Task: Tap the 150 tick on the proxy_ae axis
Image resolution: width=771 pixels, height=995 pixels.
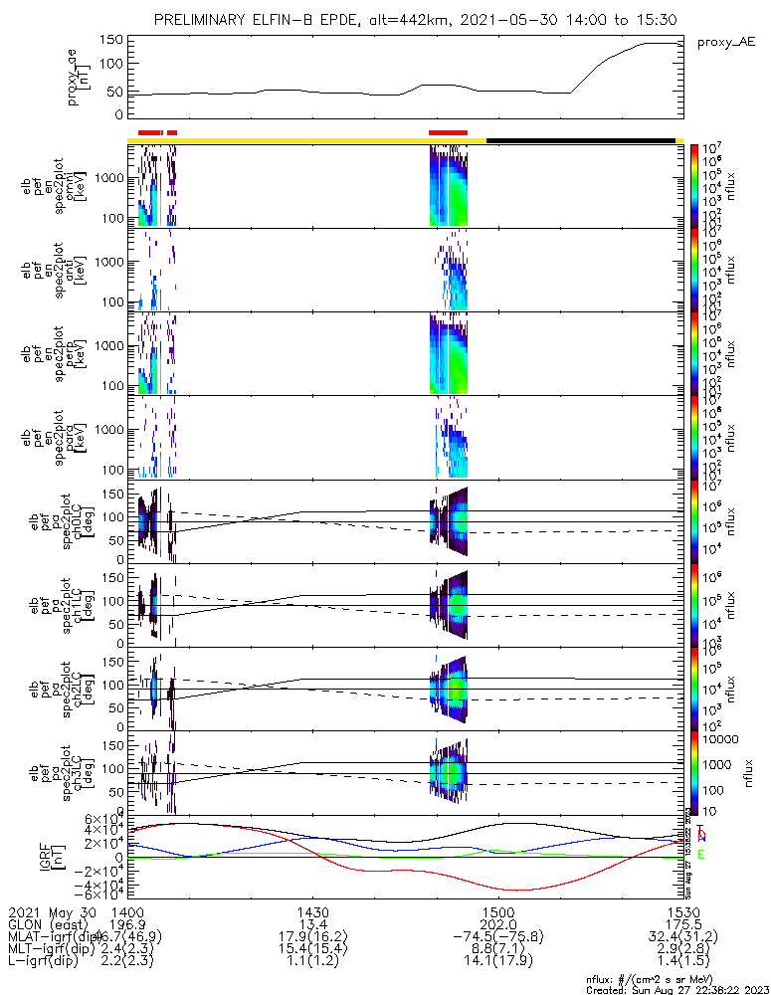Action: click(110, 40)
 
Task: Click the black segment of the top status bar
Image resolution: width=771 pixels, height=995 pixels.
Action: click(581, 140)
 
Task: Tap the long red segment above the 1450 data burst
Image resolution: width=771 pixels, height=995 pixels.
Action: click(448, 131)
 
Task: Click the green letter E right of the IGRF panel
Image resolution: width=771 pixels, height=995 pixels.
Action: click(701, 855)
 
